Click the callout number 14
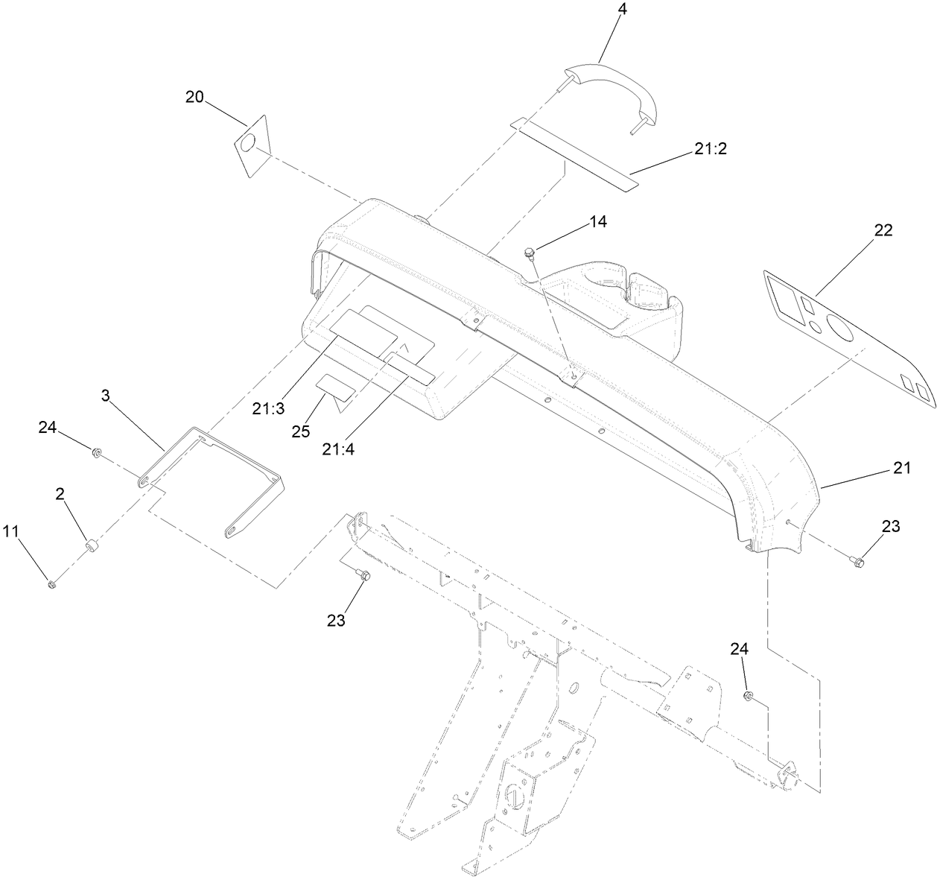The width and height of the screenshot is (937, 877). coord(598,221)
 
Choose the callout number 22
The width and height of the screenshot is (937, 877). coord(883,229)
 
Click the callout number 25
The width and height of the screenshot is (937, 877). coord(301,431)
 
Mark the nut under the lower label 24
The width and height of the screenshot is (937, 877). coord(749,696)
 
